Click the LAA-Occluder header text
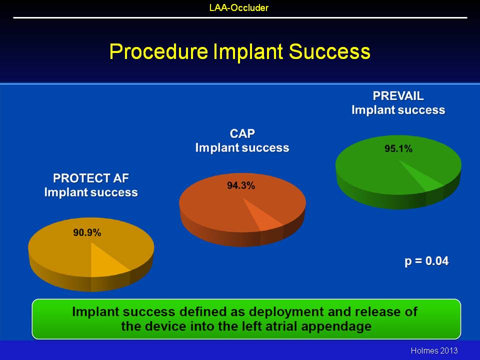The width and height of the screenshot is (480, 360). pyautogui.click(x=239, y=7)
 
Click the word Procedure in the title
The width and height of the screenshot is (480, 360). pyautogui.click(x=158, y=51)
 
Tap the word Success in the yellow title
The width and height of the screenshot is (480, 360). pyautogui.click(x=329, y=51)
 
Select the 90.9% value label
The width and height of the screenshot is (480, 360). pyautogui.click(x=87, y=232)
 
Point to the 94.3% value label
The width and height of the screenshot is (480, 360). pyautogui.click(x=241, y=185)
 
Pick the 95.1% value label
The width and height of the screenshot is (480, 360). pyautogui.click(x=398, y=149)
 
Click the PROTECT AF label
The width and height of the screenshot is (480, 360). pyautogui.click(x=91, y=178)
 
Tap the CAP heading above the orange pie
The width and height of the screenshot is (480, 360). pyautogui.click(x=242, y=134)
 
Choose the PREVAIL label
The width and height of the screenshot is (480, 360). pyautogui.click(x=398, y=96)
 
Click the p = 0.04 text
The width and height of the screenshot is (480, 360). pyautogui.click(x=426, y=261)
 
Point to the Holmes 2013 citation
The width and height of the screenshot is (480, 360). pyautogui.click(x=434, y=350)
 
